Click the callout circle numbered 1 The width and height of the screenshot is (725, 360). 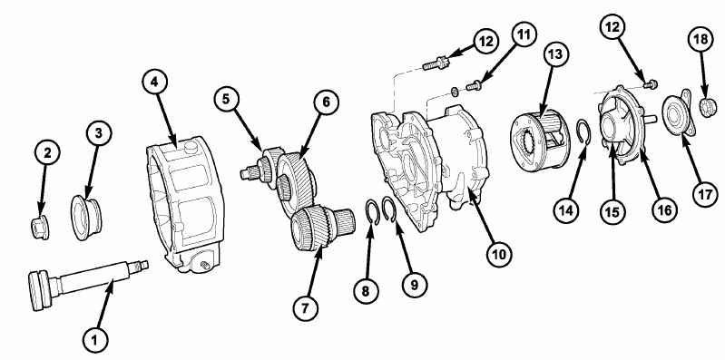pos(95,341)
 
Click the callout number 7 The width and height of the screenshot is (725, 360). pos(305,307)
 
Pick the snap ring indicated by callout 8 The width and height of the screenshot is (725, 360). pos(373,211)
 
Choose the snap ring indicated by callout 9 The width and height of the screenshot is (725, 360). pos(389,209)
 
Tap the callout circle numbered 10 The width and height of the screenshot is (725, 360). pos(499,253)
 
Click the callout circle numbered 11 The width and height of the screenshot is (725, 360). pos(524,35)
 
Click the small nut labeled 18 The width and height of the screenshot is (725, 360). pos(709,108)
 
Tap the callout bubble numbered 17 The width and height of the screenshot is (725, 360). pos(705,194)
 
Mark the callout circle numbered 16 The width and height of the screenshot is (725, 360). pos(664,210)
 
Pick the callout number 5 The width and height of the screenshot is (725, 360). pos(226,100)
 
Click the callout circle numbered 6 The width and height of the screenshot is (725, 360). pos(326,102)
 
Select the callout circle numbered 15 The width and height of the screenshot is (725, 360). pos(612,211)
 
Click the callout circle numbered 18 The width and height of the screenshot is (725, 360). pos(701,39)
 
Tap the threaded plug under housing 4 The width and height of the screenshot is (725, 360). pos(203,265)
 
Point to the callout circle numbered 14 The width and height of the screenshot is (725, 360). pos(566,210)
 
